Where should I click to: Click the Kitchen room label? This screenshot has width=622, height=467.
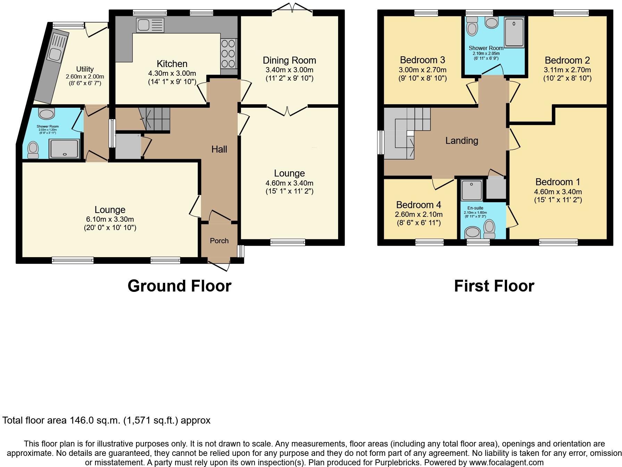click(172, 64)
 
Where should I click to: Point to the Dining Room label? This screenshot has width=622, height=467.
click(289, 60)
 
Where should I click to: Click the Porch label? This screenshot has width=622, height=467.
click(219, 241)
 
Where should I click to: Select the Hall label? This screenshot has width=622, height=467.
click(219, 149)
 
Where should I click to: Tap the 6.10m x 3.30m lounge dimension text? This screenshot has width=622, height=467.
click(110, 219)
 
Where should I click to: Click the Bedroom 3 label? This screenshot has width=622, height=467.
click(422, 60)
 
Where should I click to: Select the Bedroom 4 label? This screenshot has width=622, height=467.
click(419, 205)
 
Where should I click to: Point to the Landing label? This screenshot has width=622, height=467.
click(462, 141)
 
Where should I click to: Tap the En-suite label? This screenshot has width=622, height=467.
click(476, 208)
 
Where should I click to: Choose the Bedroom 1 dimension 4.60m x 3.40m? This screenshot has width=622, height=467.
click(558, 191)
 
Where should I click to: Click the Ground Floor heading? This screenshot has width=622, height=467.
click(179, 286)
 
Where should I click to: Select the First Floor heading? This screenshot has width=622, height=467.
click(494, 286)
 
